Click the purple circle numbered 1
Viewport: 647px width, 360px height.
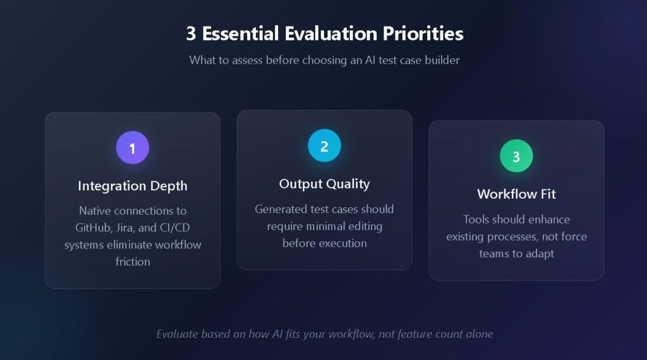[x=133, y=148]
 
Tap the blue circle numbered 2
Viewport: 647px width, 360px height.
[x=324, y=146]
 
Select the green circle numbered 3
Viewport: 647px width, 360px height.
[x=516, y=156]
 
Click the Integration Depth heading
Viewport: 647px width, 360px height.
[x=133, y=186]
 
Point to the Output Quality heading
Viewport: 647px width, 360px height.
[x=324, y=184]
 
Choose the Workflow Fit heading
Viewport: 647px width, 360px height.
[x=516, y=194]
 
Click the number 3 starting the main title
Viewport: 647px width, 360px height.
[x=191, y=33]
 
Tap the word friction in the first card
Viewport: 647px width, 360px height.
[x=133, y=261]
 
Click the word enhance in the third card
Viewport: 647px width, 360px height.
[x=549, y=219]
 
